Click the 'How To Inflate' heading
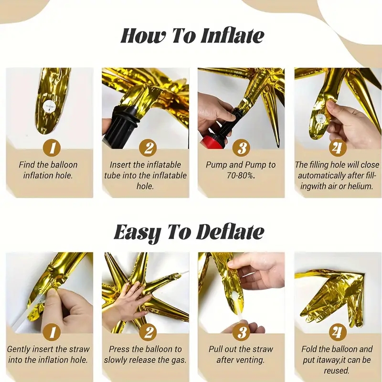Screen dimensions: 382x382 (192, 36)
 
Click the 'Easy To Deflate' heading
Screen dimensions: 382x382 (189, 232)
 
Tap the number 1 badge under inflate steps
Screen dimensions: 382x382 (52, 148)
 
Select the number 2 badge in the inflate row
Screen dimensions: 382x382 (148, 148)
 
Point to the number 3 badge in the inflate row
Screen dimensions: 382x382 (241, 148)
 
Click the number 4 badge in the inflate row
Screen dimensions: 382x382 (338, 148)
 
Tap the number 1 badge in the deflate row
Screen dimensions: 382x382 (52, 332)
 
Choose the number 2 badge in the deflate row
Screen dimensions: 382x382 (148, 332)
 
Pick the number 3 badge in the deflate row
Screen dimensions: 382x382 (241, 332)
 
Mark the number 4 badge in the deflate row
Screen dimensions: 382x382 (338, 332)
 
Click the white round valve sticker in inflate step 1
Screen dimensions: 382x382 (49, 106)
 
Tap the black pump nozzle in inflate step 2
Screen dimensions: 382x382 (124, 124)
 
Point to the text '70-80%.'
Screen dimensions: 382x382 (241, 175)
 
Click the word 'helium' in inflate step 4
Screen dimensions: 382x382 (360, 186)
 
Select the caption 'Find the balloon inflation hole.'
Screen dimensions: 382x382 (48, 170)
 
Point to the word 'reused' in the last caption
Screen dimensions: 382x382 (337, 371)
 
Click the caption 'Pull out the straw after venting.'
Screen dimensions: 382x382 (241, 354)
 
